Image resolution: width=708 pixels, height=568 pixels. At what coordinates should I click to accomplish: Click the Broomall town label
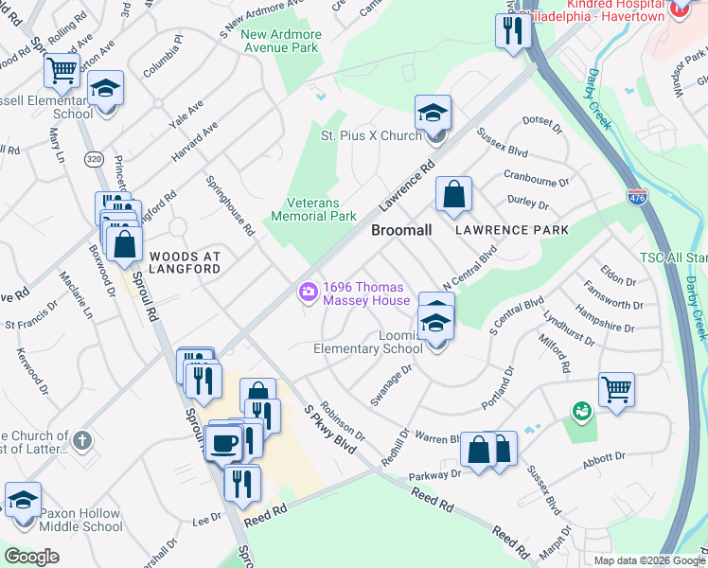[x=401, y=230]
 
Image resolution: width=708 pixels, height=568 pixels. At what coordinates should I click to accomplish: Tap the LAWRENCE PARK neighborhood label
[x=511, y=230]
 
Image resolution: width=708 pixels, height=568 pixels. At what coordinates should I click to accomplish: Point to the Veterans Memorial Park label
[x=313, y=209]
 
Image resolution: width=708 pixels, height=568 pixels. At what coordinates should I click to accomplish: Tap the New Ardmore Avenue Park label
[x=281, y=41]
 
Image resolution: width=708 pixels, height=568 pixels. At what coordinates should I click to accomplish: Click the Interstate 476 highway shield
[x=636, y=198]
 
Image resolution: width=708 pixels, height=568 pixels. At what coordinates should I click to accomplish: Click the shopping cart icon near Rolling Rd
[x=62, y=69]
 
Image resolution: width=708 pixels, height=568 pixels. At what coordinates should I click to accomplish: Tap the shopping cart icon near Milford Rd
[x=616, y=388]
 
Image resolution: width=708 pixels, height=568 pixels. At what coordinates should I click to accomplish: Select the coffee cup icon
[x=223, y=442]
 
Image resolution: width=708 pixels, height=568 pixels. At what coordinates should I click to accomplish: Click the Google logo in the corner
[x=31, y=557]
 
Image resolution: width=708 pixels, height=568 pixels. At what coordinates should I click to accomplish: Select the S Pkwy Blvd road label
[x=324, y=428]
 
